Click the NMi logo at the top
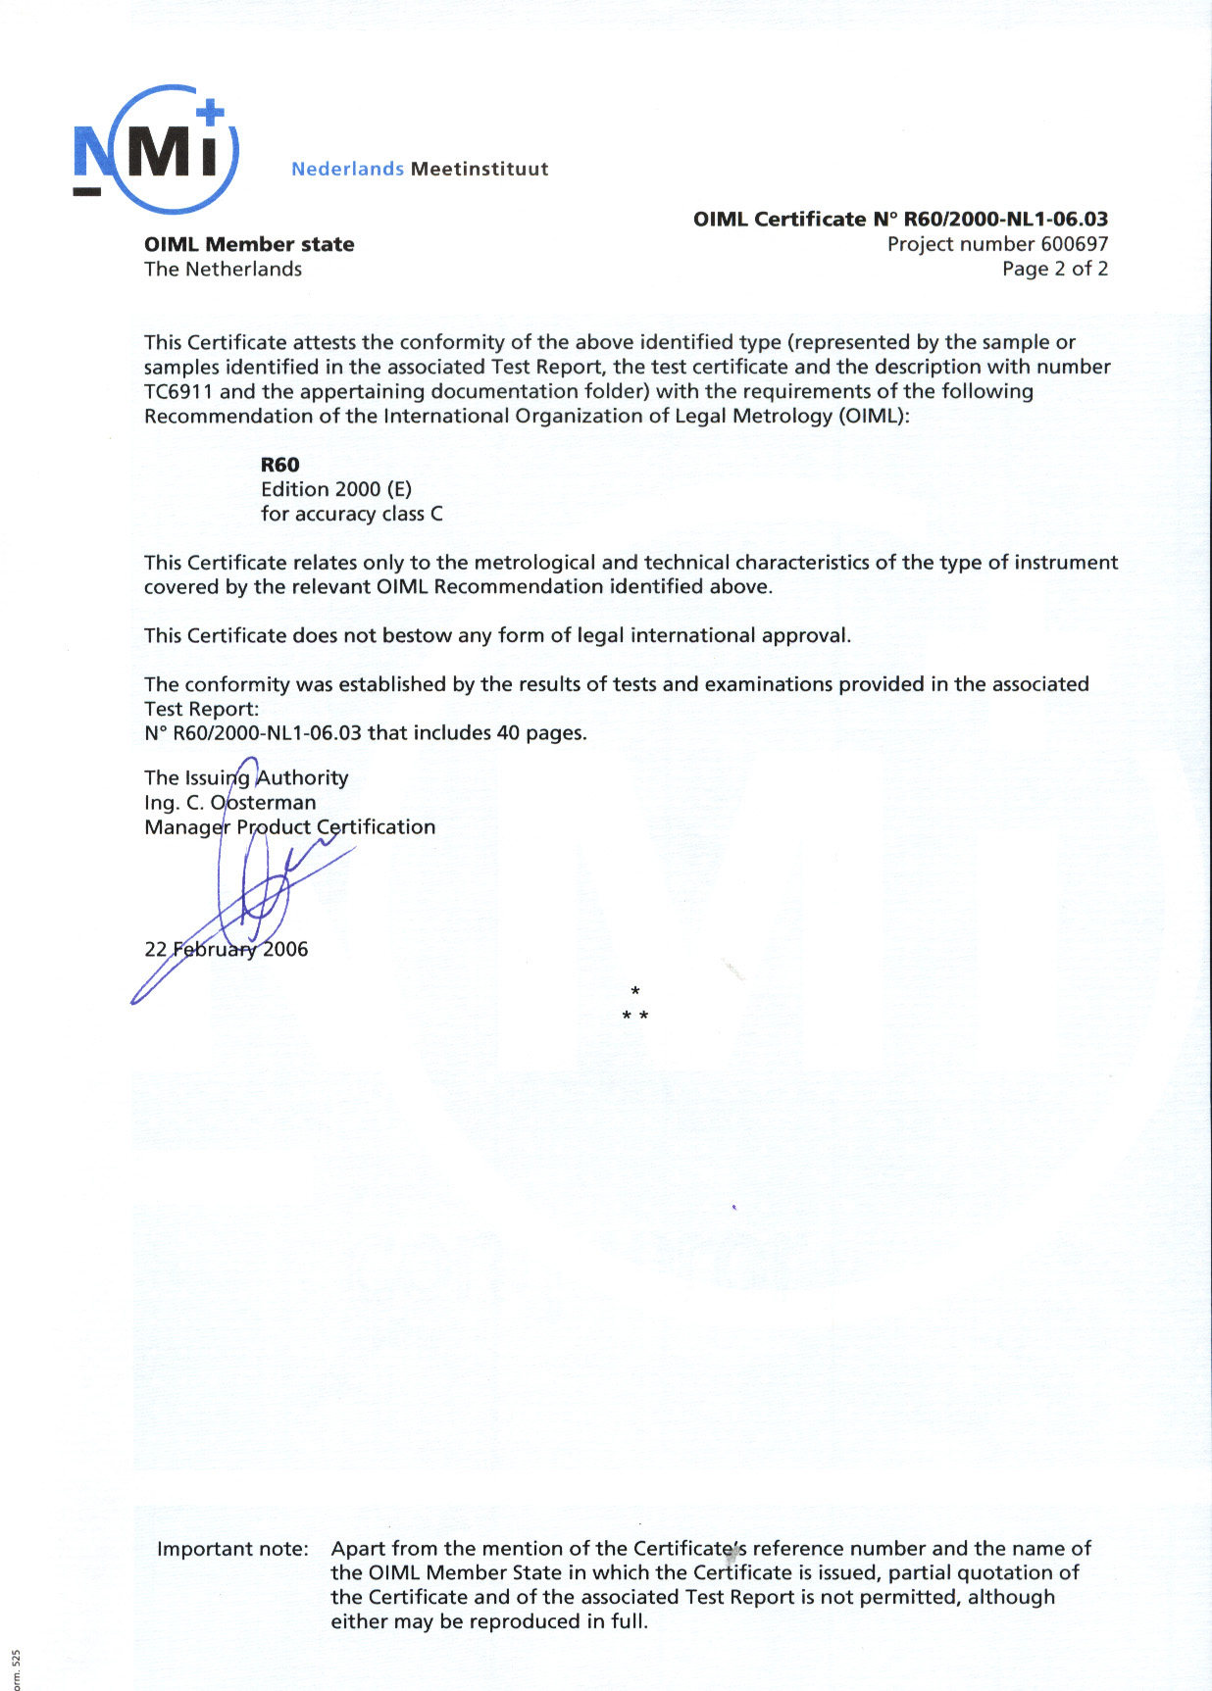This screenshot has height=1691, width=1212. point(155,149)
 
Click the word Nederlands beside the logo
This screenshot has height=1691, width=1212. point(347,169)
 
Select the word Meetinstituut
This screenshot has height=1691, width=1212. point(480,169)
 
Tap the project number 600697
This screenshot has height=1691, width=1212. point(1074,244)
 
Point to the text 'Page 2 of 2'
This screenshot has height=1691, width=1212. point(1054,269)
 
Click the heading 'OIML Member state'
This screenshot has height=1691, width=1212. point(249,244)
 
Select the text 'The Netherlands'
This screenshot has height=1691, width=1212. point(223,269)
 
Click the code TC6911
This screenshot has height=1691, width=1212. point(178,391)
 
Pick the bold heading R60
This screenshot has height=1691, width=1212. point(279,465)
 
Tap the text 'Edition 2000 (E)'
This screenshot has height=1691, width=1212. point(335,489)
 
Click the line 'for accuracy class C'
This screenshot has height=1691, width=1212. point(351,514)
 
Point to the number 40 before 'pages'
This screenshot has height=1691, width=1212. point(508,732)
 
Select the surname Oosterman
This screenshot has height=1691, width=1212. point(263,802)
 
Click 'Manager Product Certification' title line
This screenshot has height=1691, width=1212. point(289,826)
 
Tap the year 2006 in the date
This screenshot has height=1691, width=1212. point(284,949)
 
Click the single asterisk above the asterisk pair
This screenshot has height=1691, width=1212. point(635,992)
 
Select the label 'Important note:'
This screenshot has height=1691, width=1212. point(232,1549)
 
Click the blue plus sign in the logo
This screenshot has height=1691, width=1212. point(210,114)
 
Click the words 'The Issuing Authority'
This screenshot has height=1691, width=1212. point(246,777)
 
